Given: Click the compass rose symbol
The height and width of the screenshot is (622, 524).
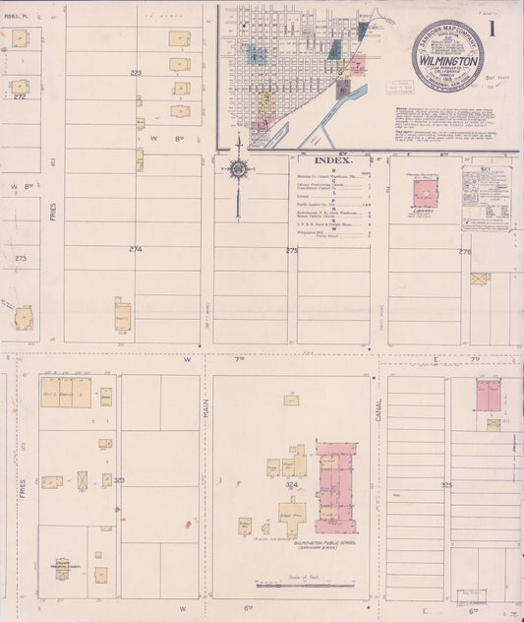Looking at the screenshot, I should tap(238, 169).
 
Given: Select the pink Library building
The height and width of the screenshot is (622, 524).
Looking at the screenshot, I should tap(426, 193).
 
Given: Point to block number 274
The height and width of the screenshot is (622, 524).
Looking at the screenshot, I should tap(135, 250).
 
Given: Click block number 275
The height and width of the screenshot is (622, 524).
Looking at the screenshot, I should tap(291, 252).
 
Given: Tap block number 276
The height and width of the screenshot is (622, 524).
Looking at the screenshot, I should tap(465, 252).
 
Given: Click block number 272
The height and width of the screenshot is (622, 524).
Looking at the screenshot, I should tap(20, 96).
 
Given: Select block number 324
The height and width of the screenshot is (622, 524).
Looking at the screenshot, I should tap(291, 485).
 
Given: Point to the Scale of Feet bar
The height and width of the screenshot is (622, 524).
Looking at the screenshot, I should tap(304, 585).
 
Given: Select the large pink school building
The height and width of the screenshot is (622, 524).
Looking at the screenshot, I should tap(336, 482).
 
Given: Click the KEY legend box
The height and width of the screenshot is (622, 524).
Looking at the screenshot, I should tap(486, 197).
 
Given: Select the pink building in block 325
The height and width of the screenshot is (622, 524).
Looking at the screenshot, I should tap(489, 395).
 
